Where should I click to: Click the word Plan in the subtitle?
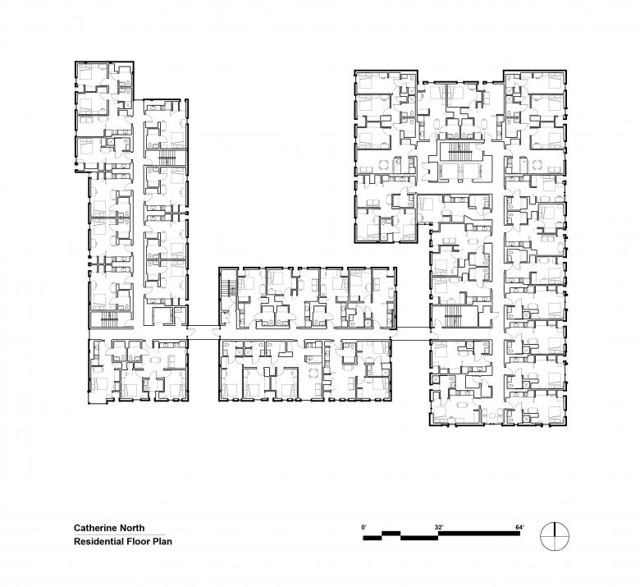(162, 542)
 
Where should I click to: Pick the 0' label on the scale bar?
(364, 527)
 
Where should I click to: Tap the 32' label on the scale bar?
(439, 527)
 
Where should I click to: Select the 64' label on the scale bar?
(519, 527)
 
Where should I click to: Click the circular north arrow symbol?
(555, 535)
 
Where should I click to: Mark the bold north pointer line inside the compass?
(555, 529)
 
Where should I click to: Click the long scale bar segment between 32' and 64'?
(479, 534)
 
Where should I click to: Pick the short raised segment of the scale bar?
(391, 534)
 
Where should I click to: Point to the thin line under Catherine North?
(120, 534)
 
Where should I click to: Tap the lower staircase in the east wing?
(453, 316)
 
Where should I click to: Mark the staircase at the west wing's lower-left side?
(109, 319)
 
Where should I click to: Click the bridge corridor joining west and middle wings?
(203, 332)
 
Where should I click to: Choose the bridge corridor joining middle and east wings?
(414, 333)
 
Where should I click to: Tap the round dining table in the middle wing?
(313, 373)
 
